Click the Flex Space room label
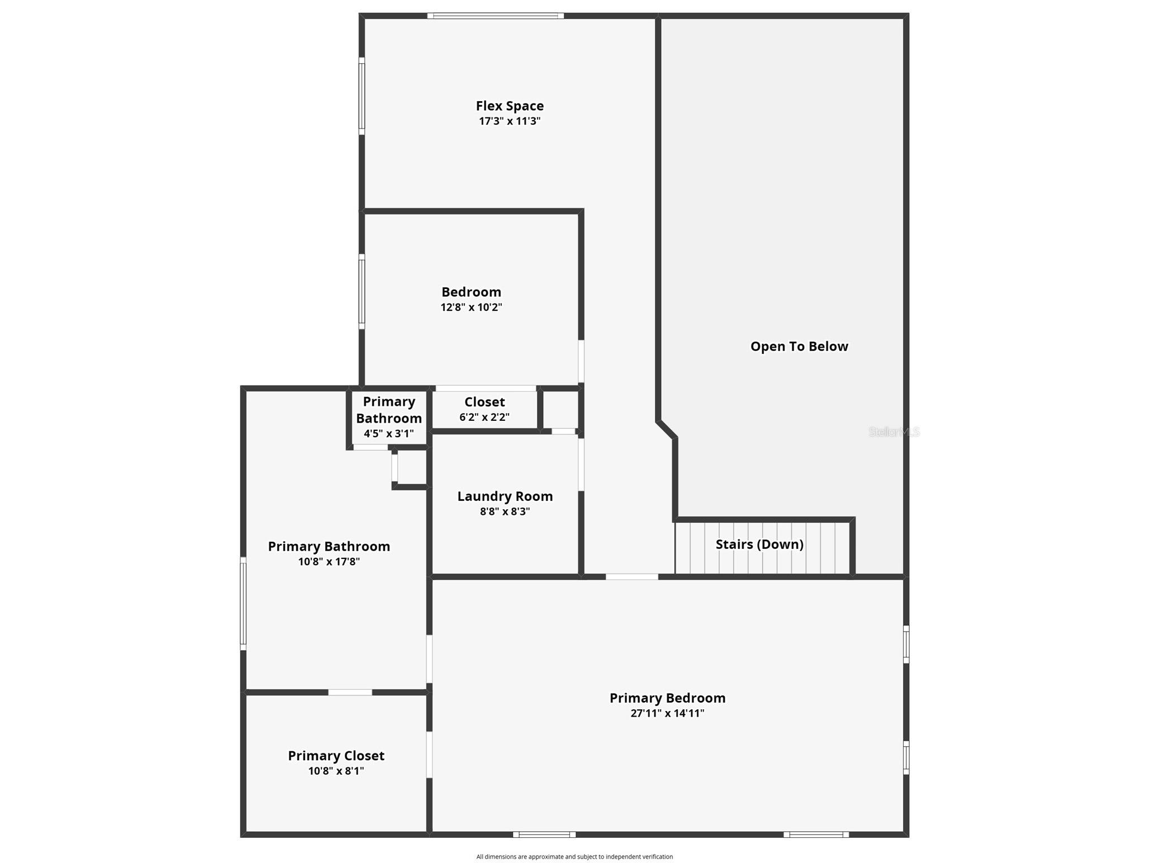click(x=510, y=106)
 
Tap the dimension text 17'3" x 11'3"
click(x=510, y=121)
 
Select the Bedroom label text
click(x=471, y=292)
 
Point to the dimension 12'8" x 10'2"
click(x=471, y=307)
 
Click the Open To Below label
click(x=799, y=347)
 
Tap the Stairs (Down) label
click(x=759, y=544)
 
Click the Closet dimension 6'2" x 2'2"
click(x=484, y=417)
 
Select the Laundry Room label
click(x=505, y=496)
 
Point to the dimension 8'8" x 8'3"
click(x=505, y=511)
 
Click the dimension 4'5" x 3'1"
click(x=389, y=434)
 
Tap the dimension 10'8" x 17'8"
click(x=329, y=562)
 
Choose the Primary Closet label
click(x=336, y=756)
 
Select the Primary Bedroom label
click(x=667, y=698)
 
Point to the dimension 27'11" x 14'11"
click(x=667, y=713)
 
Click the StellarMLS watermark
click(x=894, y=431)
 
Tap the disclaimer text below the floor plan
click(x=574, y=856)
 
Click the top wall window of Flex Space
click(x=496, y=16)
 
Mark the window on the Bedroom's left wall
click(x=362, y=292)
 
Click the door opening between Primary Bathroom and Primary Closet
click(x=350, y=693)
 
